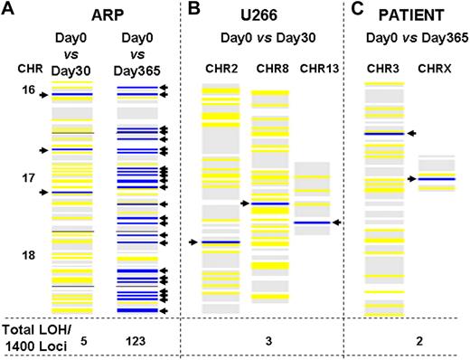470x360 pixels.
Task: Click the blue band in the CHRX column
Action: [437, 179]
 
